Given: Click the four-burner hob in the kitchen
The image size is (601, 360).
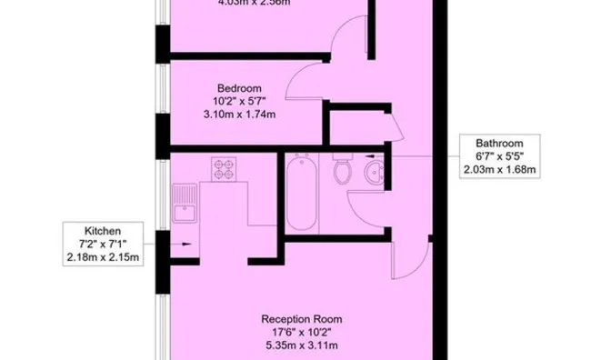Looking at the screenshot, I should [x=224, y=168].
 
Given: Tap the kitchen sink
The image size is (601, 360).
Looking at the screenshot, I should [x=183, y=205].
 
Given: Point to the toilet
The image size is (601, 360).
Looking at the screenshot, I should [x=343, y=170].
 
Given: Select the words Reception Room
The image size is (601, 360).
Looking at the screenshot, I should [x=301, y=319].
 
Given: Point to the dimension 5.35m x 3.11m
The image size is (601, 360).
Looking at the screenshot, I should [x=301, y=345].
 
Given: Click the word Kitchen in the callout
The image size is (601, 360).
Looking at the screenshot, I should [x=103, y=231].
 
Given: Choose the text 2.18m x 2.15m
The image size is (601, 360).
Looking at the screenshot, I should [x=103, y=257].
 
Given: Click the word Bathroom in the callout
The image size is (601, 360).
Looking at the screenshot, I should [x=499, y=143].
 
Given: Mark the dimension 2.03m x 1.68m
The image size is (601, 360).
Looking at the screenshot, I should [x=499, y=169].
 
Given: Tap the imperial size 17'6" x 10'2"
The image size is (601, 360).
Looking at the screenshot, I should [x=301, y=332].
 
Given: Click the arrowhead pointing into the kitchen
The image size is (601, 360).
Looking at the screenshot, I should [x=186, y=244].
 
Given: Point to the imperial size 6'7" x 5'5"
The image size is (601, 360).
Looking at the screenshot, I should [x=499, y=155].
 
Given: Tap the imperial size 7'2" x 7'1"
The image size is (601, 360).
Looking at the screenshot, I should [x=103, y=244].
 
